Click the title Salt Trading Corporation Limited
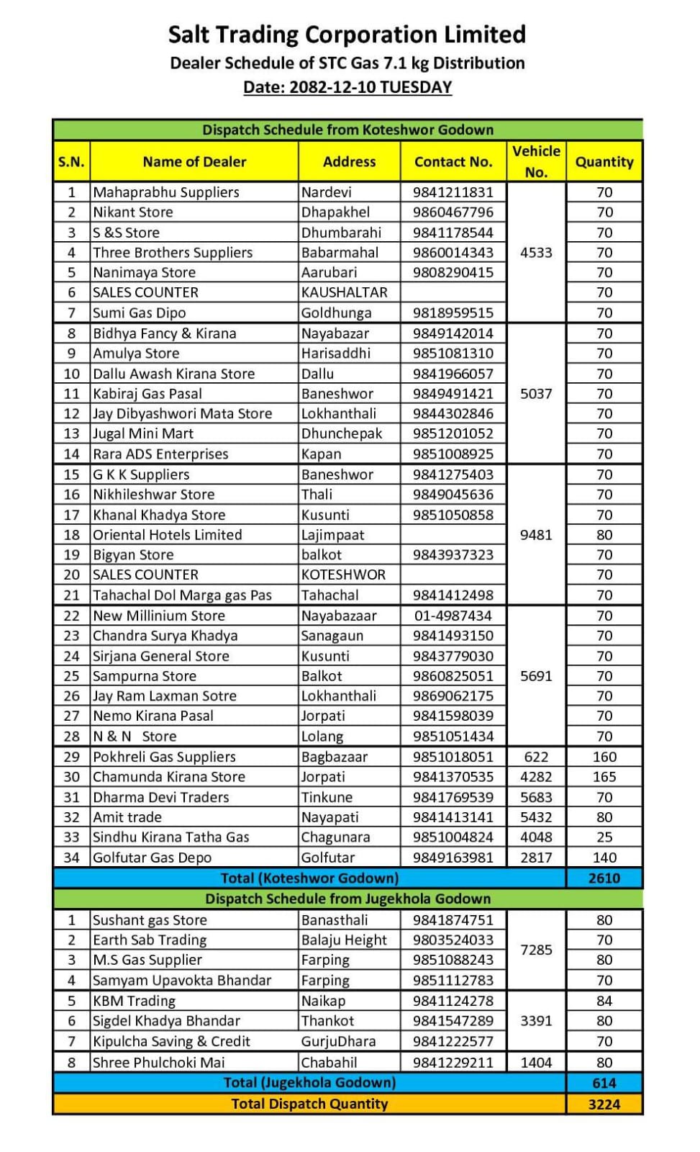(x=347, y=35)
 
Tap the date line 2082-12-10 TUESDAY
(x=347, y=87)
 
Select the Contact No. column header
(x=453, y=162)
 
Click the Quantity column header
(x=604, y=162)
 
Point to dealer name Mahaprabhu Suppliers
(x=166, y=192)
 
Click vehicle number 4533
(x=536, y=253)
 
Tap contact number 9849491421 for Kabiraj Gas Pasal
(x=453, y=394)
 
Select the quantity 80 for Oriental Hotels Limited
(x=604, y=535)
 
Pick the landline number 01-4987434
(x=453, y=616)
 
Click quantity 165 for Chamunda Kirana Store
(x=604, y=777)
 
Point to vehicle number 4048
(x=536, y=837)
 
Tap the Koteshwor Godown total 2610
(x=604, y=878)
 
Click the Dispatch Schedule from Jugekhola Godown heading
(x=347, y=899)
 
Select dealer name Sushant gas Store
(x=150, y=920)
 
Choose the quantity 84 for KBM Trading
(x=604, y=1001)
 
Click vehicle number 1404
(x=536, y=1063)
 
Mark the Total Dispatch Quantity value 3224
(x=604, y=1104)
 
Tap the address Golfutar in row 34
(x=328, y=858)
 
